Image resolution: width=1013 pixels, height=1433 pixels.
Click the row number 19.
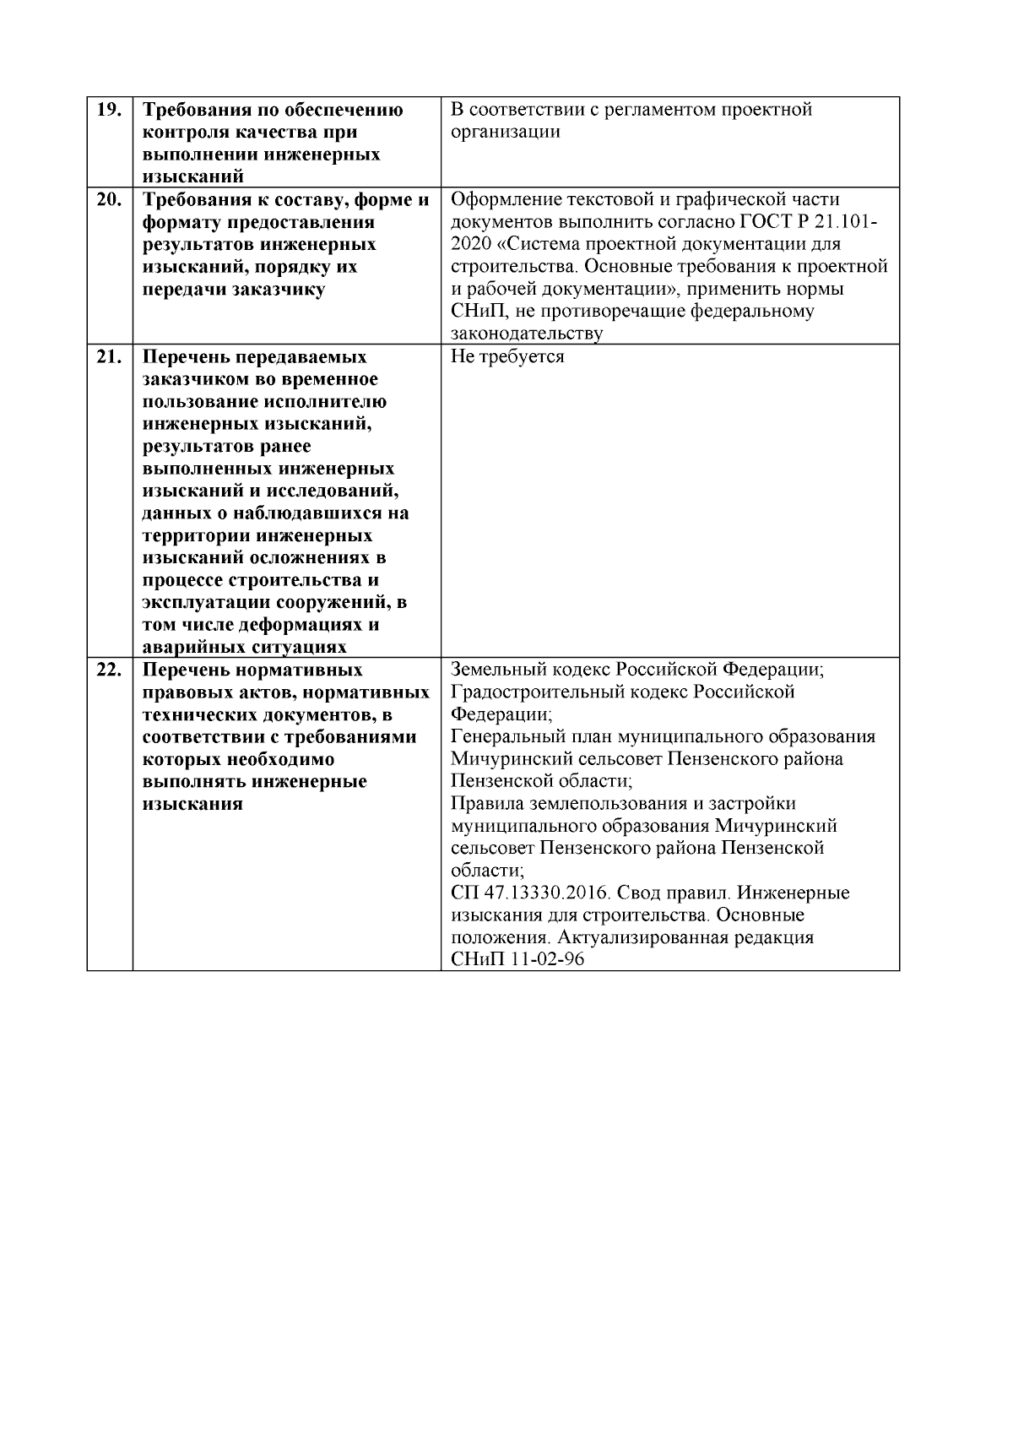pos(109,110)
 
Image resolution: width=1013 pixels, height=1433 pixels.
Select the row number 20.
pos(109,200)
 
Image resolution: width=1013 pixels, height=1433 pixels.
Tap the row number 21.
pos(109,356)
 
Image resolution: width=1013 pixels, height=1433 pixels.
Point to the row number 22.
pos(109,670)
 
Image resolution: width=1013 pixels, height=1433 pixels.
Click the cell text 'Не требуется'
pos(507,356)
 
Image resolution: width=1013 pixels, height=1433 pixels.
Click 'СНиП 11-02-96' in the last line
pos(518,960)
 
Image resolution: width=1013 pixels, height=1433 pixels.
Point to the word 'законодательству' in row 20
pos(528,334)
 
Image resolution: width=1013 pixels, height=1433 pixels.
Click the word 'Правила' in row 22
pos(485,803)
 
